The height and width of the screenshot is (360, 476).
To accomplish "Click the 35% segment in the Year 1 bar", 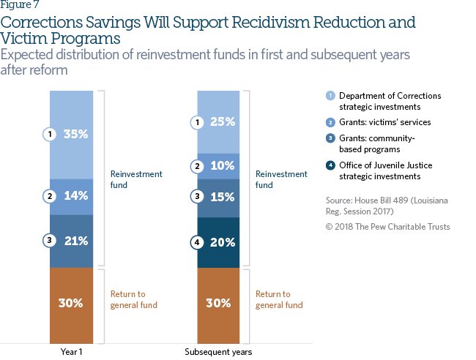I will [x=72, y=135].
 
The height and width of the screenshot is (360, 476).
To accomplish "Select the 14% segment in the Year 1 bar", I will [x=72, y=196].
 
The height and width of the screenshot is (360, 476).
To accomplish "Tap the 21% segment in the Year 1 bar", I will [x=72, y=241].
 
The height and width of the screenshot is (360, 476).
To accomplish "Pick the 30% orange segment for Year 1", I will [x=72, y=302].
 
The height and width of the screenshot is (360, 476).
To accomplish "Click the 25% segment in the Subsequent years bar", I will [x=219, y=121].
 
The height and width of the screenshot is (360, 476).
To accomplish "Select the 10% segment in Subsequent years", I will [x=219, y=166].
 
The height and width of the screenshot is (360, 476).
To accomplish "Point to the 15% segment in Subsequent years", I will [x=219, y=196].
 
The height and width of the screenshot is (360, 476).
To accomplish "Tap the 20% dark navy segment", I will [x=219, y=241].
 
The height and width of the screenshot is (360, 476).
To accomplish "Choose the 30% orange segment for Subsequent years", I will [x=219, y=302].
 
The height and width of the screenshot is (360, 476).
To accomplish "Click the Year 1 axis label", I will [x=72, y=352].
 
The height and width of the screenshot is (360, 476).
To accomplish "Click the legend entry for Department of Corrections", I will [x=384, y=101].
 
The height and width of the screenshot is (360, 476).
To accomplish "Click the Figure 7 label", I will [x=19, y=7].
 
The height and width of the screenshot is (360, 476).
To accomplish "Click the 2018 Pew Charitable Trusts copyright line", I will [x=387, y=227].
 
